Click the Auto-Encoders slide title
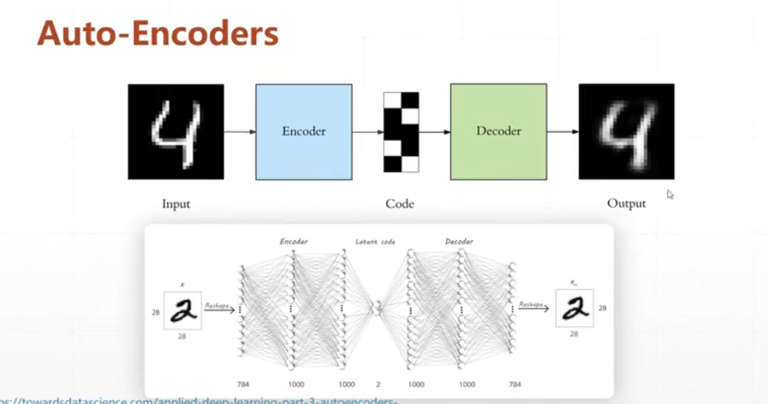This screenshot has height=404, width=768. pos(158,34)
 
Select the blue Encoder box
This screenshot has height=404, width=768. pos(304,131)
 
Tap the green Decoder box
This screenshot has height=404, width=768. pos(498,131)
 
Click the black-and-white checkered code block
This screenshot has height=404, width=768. pos(401,132)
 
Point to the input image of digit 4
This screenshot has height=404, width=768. pos(176,131)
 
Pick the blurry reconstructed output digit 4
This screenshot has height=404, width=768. pos(626,131)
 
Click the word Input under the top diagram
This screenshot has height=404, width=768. pos(176,203)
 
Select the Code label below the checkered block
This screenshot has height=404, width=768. pos(400,203)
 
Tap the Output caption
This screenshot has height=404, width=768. pos(626,203)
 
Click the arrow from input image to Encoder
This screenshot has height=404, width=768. pos(239,131)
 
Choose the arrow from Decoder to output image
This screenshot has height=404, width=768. pos(562,131)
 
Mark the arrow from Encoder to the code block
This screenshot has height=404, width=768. pos(368,131)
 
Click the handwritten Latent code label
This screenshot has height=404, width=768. pos(375,242)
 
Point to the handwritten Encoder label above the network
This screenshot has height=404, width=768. pos(294,241)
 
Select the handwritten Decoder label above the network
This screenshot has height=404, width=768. pos(459,241)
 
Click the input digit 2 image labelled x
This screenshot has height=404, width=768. pos(182,310)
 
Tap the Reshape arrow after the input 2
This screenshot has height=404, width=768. pos(219,309)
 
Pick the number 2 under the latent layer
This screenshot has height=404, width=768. pos(378,384)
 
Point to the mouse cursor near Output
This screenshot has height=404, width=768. pos(670,194)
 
